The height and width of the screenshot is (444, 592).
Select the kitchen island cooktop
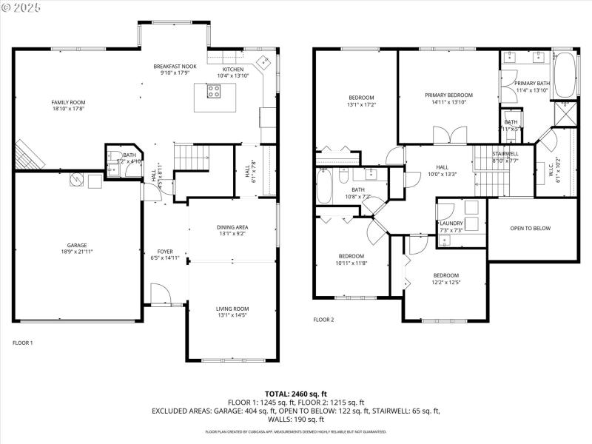(213, 92)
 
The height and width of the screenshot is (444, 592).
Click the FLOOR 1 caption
(23, 343)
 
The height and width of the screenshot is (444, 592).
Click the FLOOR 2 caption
(323, 320)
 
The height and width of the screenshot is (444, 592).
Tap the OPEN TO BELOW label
(531, 229)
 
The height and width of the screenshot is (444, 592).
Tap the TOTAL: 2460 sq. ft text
(295, 394)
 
